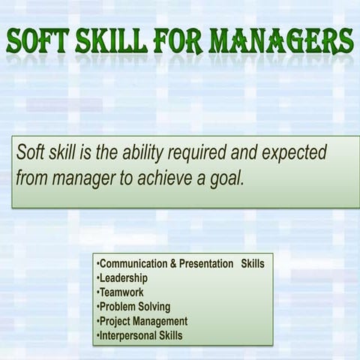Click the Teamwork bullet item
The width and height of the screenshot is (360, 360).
pyautogui.click(x=121, y=292)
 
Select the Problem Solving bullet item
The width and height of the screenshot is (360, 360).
pyautogui.click(x=135, y=307)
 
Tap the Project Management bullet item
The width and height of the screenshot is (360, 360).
pyautogui.click(x=143, y=321)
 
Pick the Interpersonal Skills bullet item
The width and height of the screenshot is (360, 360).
pyautogui.click(x=141, y=335)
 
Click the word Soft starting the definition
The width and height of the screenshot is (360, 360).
pyautogui.click(x=32, y=154)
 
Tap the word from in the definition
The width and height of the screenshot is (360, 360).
pyautogui.click(x=31, y=180)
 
